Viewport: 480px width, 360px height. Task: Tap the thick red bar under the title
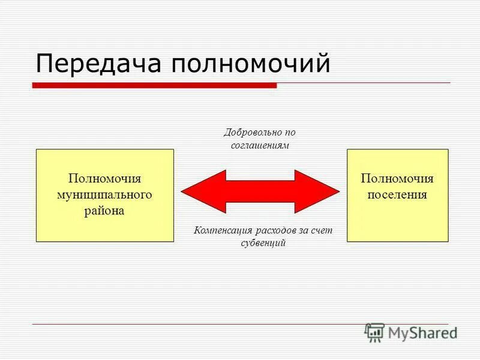[154, 86]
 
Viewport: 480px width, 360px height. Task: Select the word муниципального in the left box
[105, 195]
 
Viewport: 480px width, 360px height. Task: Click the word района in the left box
[105, 211]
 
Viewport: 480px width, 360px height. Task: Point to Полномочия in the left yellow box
[105, 179]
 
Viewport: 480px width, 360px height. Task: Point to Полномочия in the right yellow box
[397, 179]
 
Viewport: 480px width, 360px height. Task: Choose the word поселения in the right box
[397, 195]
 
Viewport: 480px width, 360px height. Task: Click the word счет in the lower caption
[322, 230]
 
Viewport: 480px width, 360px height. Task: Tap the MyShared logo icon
[374, 332]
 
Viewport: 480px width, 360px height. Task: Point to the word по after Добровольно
[290, 133]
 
